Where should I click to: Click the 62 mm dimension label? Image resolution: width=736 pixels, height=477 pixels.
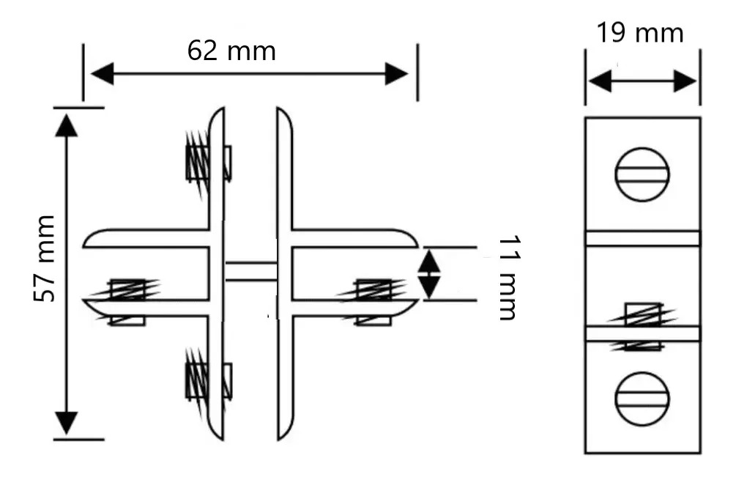point(231,51)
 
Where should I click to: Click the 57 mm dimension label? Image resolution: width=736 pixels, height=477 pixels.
point(45,259)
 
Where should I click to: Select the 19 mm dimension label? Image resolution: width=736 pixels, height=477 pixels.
point(639,34)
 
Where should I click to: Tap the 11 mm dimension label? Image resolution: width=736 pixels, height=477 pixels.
point(507,278)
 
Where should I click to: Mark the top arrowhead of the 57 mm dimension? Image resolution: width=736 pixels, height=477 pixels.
point(67,125)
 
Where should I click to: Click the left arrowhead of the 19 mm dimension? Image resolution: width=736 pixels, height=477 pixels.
point(599,81)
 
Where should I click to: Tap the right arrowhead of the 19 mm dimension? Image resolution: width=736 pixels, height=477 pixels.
point(685,81)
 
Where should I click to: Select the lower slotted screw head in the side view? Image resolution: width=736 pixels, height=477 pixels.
point(642,398)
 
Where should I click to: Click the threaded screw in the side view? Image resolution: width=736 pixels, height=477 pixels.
point(642,326)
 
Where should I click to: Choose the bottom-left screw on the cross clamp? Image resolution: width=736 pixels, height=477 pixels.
point(207,382)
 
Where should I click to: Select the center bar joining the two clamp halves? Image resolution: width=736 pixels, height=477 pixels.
point(250,271)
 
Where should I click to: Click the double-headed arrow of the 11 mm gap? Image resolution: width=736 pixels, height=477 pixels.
point(431,273)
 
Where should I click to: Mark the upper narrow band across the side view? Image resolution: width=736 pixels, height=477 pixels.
point(642,238)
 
